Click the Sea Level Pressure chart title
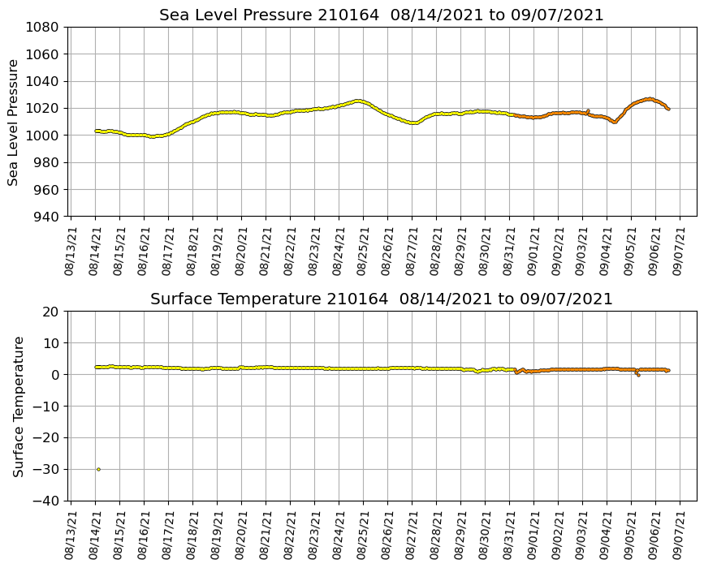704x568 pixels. point(381,15)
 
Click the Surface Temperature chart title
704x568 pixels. point(381,299)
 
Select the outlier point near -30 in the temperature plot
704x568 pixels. point(98,469)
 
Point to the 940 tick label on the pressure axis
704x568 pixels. point(45,217)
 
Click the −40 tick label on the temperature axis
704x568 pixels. point(46,501)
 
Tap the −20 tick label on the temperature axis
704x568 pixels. point(46,437)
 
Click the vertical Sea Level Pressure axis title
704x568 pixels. point(14,122)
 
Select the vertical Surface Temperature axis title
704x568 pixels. point(18,406)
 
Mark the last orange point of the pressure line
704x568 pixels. point(668,109)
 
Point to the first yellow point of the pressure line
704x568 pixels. point(96,131)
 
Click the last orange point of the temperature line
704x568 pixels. point(668,371)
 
